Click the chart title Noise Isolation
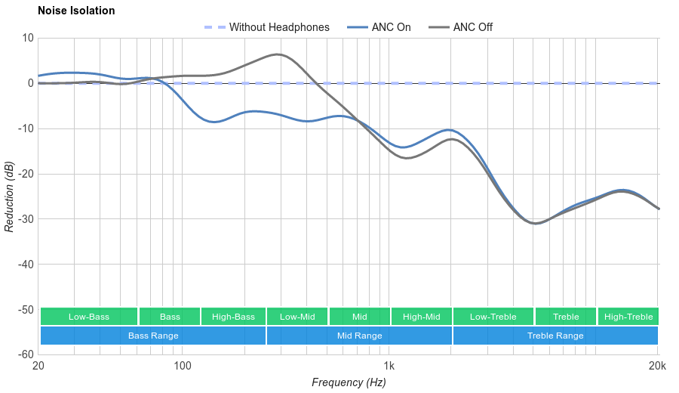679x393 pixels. (76, 11)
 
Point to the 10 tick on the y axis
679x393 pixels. (28, 38)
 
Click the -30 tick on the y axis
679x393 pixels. (26, 219)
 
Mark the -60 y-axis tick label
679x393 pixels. (26, 354)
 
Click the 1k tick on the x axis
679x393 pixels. (389, 367)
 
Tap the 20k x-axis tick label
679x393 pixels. (657, 367)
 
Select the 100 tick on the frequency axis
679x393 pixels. (183, 367)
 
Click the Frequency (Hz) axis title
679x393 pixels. (349, 382)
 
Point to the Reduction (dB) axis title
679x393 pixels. (9, 196)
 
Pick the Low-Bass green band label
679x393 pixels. (89, 317)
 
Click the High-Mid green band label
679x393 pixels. (421, 317)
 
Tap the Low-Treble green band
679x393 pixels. (493, 317)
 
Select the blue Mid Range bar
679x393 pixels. (359, 336)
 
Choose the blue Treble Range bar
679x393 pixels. (555, 336)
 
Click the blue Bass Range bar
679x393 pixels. (153, 336)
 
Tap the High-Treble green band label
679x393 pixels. (628, 317)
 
